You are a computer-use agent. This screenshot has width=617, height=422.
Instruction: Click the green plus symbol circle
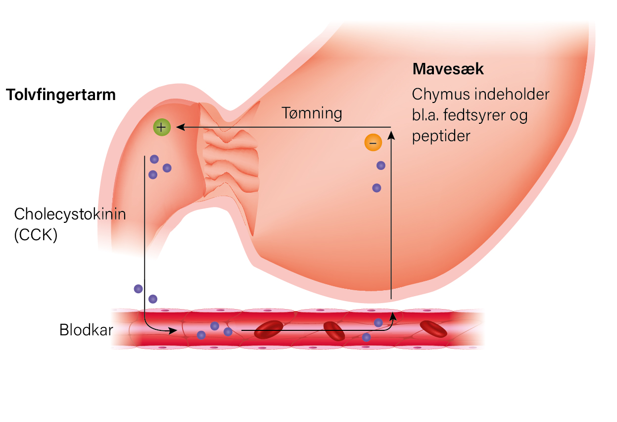pyautogui.click(x=162, y=127)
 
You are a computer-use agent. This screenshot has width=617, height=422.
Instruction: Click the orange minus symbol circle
pyautogui.click(x=373, y=142)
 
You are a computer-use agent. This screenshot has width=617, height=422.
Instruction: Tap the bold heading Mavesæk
pyautogui.click(x=448, y=69)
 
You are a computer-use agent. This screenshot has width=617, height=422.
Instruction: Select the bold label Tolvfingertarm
pyautogui.click(x=61, y=95)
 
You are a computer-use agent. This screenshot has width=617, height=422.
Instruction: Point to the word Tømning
pyautogui.click(x=312, y=113)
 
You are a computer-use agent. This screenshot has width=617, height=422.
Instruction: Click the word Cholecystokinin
pyautogui.click(x=70, y=214)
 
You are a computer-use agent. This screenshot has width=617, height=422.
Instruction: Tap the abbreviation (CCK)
pyautogui.click(x=36, y=235)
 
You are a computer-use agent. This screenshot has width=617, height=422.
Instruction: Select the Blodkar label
pyautogui.click(x=86, y=330)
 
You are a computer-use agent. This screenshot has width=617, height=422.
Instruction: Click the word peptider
pyautogui.click(x=441, y=137)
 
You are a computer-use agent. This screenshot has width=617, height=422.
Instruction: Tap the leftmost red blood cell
pyautogui.click(x=269, y=329)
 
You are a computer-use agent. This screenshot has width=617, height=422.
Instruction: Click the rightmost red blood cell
pyautogui.click(x=433, y=329)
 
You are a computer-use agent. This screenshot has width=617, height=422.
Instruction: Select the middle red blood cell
pyautogui.click(x=334, y=331)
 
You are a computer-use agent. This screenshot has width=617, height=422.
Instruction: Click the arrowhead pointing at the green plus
pyautogui.click(x=181, y=127)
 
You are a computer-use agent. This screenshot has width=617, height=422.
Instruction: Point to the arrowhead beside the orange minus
pyautogui.click(x=391, y=135)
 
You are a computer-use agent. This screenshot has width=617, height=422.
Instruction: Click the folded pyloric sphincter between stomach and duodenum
pyautogui.click(x=229, y=155)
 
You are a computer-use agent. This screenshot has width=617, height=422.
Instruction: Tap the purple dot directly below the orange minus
pyautogui.click(x=381, y=165)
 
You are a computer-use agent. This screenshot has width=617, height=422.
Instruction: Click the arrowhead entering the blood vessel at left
pyautogui.click(x=173, y=330)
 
